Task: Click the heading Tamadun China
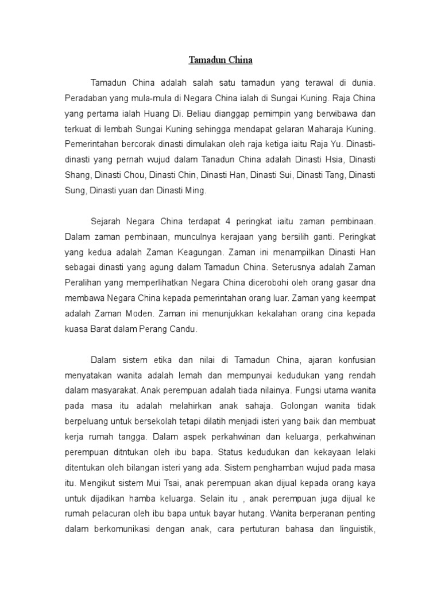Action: (220, 60)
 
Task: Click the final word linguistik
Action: (353, 529)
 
